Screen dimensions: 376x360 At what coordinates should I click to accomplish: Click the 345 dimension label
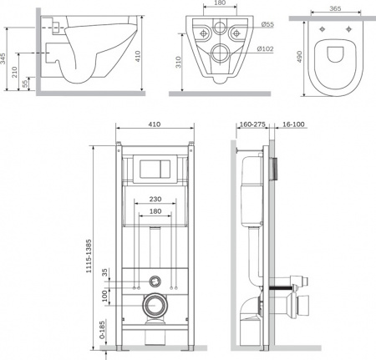click(3, 58)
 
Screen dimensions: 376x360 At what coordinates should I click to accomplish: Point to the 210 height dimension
click(14, 72)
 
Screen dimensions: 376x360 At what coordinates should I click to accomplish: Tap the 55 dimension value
click(25, 84)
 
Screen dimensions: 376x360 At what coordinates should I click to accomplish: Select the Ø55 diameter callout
click(267, 24)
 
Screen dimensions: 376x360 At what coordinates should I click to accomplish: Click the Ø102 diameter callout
click(265, 49)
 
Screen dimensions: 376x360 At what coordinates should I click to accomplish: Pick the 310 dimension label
click(178, 62)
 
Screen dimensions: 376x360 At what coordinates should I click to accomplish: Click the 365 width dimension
click(335, 8)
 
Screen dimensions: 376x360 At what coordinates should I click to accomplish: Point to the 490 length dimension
click(299, 57)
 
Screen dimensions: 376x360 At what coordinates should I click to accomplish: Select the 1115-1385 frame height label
click(89, 256)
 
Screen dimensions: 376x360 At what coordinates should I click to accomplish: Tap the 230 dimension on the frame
click(155, 199)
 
